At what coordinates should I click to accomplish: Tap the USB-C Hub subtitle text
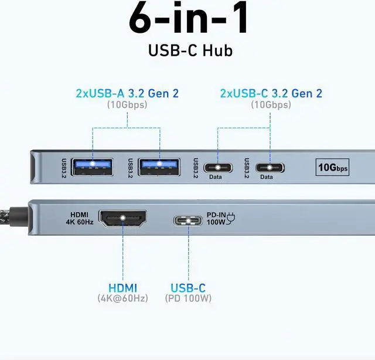pos(189,50)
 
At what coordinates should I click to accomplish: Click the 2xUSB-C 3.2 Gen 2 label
pos(271,93)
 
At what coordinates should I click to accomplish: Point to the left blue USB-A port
pos(91,167)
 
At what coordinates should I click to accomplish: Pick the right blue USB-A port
pos(159,167)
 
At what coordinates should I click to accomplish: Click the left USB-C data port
pos(218,167)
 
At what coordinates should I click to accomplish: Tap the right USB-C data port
pos(270,167)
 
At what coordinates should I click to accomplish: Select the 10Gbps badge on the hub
pos(333,168)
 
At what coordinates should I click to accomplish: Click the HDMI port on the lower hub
pos(122,219)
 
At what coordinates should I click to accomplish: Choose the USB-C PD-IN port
pos(189,220)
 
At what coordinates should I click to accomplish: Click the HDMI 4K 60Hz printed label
pos(80,219)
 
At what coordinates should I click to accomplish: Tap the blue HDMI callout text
pos(122,288)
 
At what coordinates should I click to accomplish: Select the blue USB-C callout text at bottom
pos(188,288)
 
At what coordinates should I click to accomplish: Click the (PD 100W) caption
pos(188,299)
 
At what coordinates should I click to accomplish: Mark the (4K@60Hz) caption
pos(122,299)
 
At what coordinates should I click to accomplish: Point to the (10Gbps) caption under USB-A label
pos(127,105)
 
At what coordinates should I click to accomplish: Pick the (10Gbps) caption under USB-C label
pos(271,105)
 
